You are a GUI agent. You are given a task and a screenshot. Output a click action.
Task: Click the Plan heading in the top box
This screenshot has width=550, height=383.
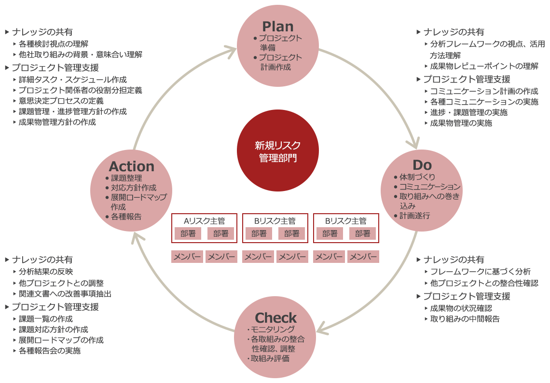(x=277, y=26)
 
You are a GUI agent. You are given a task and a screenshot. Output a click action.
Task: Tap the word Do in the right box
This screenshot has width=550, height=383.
(x=422, y=165)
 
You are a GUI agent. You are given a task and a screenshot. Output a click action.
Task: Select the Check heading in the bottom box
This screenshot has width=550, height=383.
(x=275, y=318)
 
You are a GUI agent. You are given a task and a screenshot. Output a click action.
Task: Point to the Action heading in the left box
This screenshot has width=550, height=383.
(x=131, y=166)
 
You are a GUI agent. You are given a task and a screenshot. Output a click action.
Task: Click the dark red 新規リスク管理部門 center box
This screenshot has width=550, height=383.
(x=277, y=150)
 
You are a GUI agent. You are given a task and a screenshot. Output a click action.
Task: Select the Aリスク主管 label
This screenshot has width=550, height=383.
(x=205, y=221)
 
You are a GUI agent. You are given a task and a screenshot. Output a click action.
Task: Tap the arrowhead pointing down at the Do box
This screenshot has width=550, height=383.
(x=413, y=143)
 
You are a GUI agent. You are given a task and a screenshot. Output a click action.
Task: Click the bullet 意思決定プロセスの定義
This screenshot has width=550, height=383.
(x=61, y=101)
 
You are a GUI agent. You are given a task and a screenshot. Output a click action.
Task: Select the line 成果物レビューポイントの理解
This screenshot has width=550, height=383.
(x=484, y=66)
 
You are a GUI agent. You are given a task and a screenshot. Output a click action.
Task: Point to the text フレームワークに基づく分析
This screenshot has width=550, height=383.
(x=480, y=272)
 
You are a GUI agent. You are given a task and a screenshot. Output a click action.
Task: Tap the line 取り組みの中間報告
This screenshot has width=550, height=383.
(x=465, y=318)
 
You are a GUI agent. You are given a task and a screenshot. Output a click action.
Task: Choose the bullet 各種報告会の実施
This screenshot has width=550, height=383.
(x=49, y=351)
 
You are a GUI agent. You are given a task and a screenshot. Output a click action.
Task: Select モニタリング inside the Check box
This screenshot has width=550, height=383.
(x=273, y=329)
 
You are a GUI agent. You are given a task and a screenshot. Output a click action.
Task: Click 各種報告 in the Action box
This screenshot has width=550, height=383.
(x=126, y=217)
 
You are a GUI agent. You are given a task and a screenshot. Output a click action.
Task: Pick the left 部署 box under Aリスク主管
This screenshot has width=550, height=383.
(x=188, y=234)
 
